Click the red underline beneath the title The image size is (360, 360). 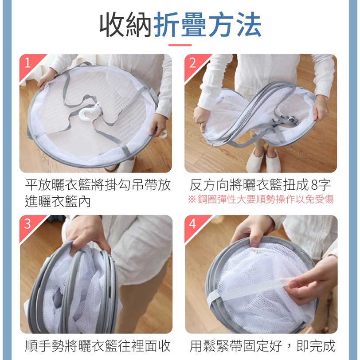[x=180, y=45]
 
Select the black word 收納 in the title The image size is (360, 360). [x=125, y=24]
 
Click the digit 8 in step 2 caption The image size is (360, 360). [x=314, y=185]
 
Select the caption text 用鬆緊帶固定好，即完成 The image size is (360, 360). [x=262, y=346]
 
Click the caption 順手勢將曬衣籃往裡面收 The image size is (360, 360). [x=98, y=346]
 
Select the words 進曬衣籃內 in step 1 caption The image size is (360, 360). [x=58, y=202]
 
